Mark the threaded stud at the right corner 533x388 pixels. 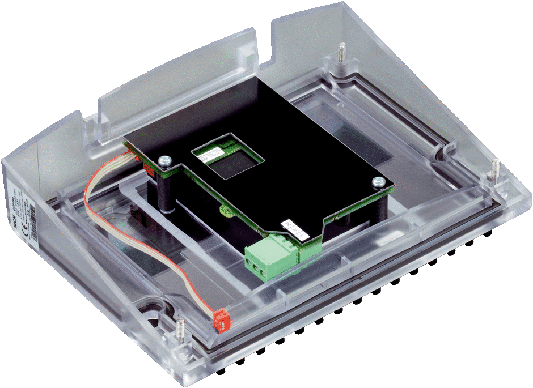coord(495,168)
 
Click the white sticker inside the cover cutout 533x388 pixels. coord(207,155)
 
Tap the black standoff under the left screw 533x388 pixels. coord(166,193)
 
